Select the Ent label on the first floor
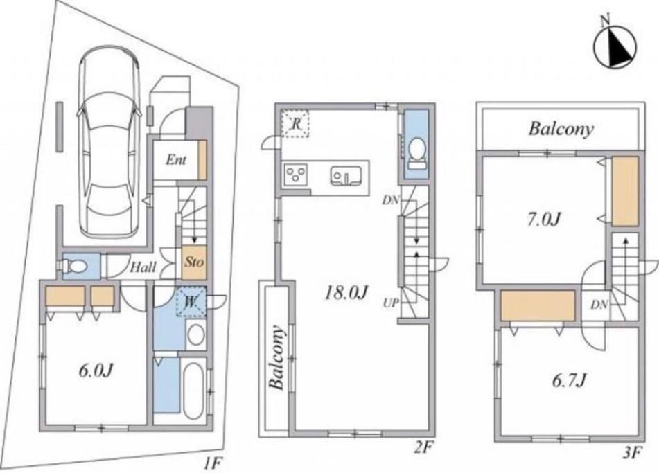pos(176,159)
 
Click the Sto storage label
pos(194,262)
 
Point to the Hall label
pos(143,267)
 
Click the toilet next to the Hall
pos(73,266)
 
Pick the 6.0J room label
pos(96,370)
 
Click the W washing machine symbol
pos(191,301)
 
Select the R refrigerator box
pos(295,123)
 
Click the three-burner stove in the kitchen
pos(296,175)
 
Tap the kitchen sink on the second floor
pos(346,176)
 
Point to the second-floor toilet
pos(416,154)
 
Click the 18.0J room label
pos(346,293)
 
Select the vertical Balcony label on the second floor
pos(277,357)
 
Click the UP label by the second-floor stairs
pos(390,303)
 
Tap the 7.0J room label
pos(544,220)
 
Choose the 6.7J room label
pos(568,381)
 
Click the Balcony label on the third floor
pos(561,129)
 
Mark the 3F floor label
pos(632,453)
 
